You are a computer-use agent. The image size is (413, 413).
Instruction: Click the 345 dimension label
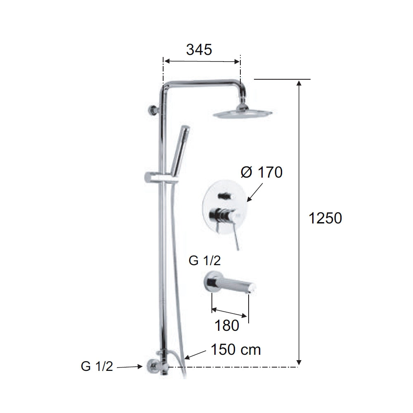click(x=199, y=50)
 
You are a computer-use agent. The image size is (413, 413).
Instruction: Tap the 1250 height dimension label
click(x=325, y=218)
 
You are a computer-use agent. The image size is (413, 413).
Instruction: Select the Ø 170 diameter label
click(x=261, y=172)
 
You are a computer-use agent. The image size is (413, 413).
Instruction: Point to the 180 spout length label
click(x=227, y=325)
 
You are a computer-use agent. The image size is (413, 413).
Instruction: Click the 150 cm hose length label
click(x=236, y=350)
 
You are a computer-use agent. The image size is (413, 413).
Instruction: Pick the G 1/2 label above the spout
click(x=205, y=261)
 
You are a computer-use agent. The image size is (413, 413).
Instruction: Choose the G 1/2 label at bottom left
click(x=97, y=366)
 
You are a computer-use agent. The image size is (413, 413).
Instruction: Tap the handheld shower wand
click(x=180, y=149)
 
